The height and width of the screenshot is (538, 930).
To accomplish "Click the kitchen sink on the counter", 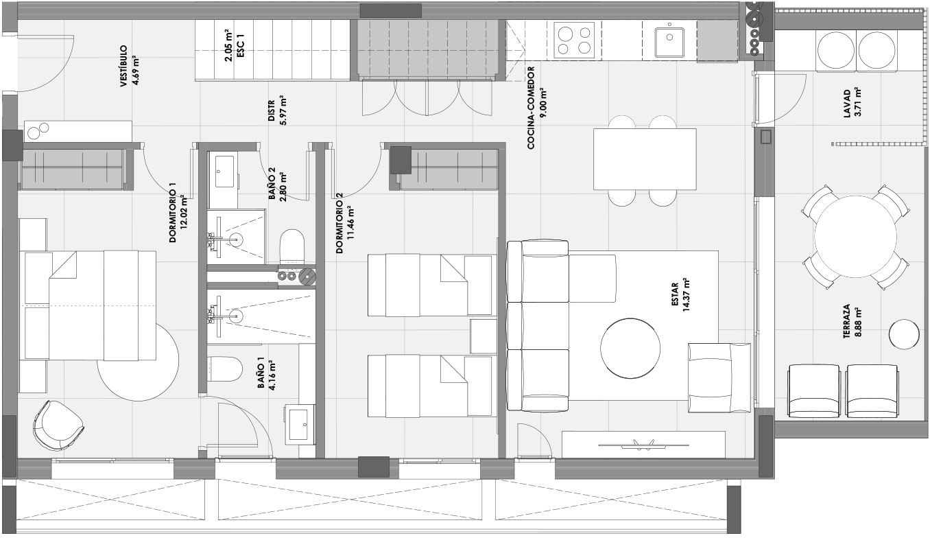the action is point(669,42).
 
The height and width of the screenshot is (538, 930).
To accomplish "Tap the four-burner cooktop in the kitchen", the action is point(574,40).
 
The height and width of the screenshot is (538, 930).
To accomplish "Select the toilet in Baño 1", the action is point(224,369).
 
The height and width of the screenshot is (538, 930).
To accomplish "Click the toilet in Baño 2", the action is point(292,246).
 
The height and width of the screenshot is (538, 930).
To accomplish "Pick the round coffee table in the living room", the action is point(630,348).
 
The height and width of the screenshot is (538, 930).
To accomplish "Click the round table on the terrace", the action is point(856,237).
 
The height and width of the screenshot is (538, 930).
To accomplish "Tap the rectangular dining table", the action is point(645,159).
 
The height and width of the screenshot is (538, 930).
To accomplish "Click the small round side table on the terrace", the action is point(904,334).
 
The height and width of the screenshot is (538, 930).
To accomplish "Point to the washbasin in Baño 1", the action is point(300,423).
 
